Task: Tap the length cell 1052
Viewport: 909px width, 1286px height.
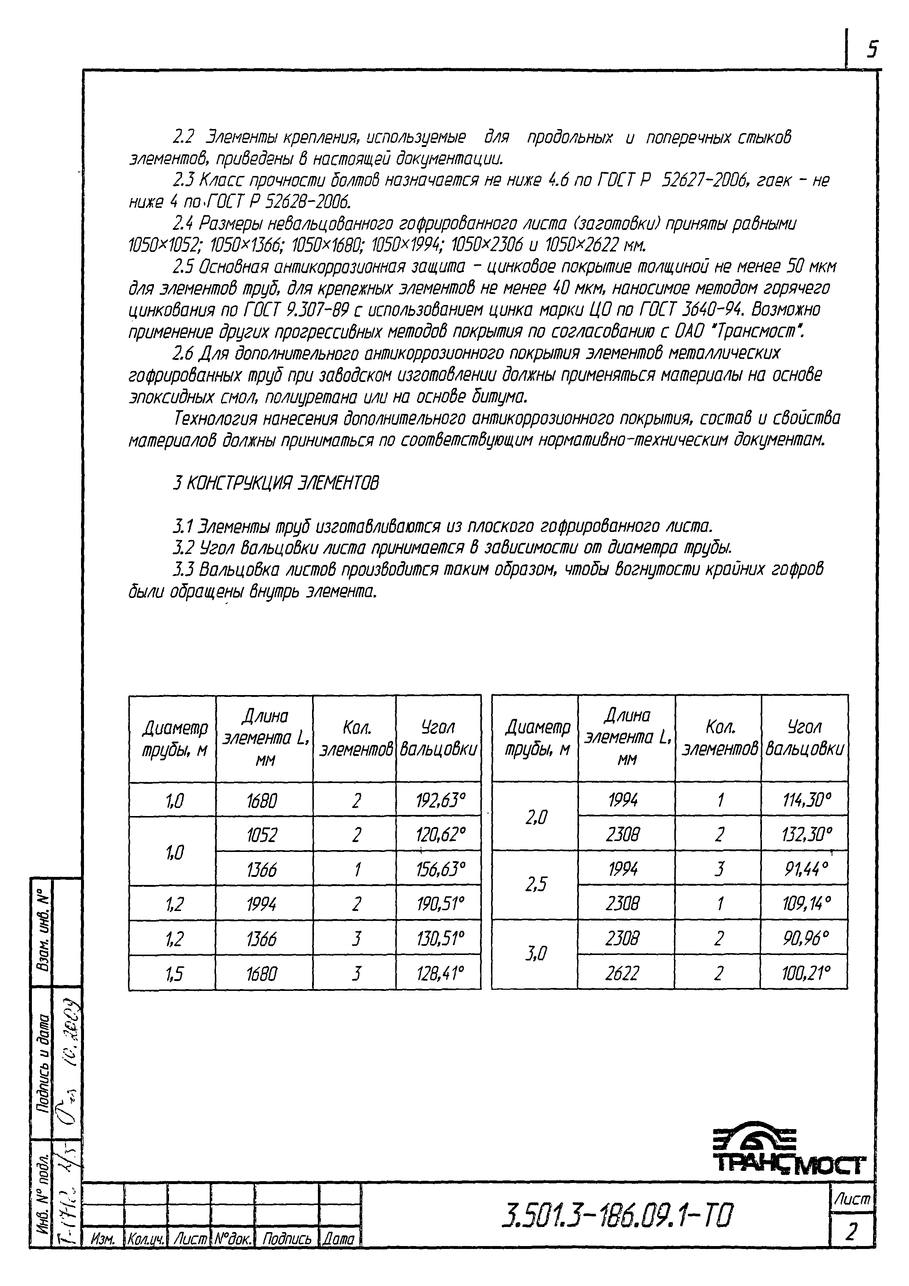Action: (261, 835)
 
